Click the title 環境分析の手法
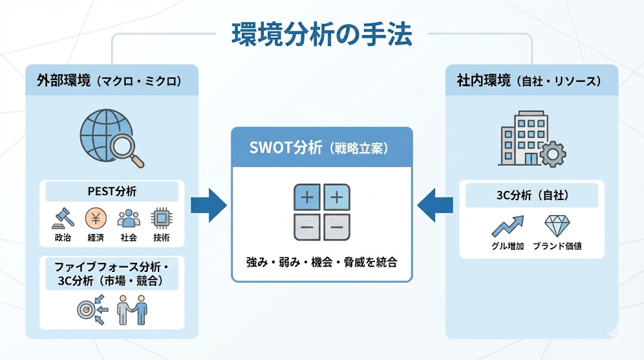(x=321, y=35)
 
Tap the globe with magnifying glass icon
(x=111, y=137)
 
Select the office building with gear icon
(x=530, y=139)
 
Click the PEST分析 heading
(x=112, y=191)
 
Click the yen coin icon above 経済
(x=96, y=218)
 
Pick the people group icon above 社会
(x=128, y=218)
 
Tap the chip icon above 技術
(x=161, y=218)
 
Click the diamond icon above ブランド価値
(x=557, y=226)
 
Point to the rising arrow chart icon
(x=508, y=226)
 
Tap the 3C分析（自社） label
(x=532, y=196)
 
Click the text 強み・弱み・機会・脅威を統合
(x=321, y=262)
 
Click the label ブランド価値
(x=557, y=246)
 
